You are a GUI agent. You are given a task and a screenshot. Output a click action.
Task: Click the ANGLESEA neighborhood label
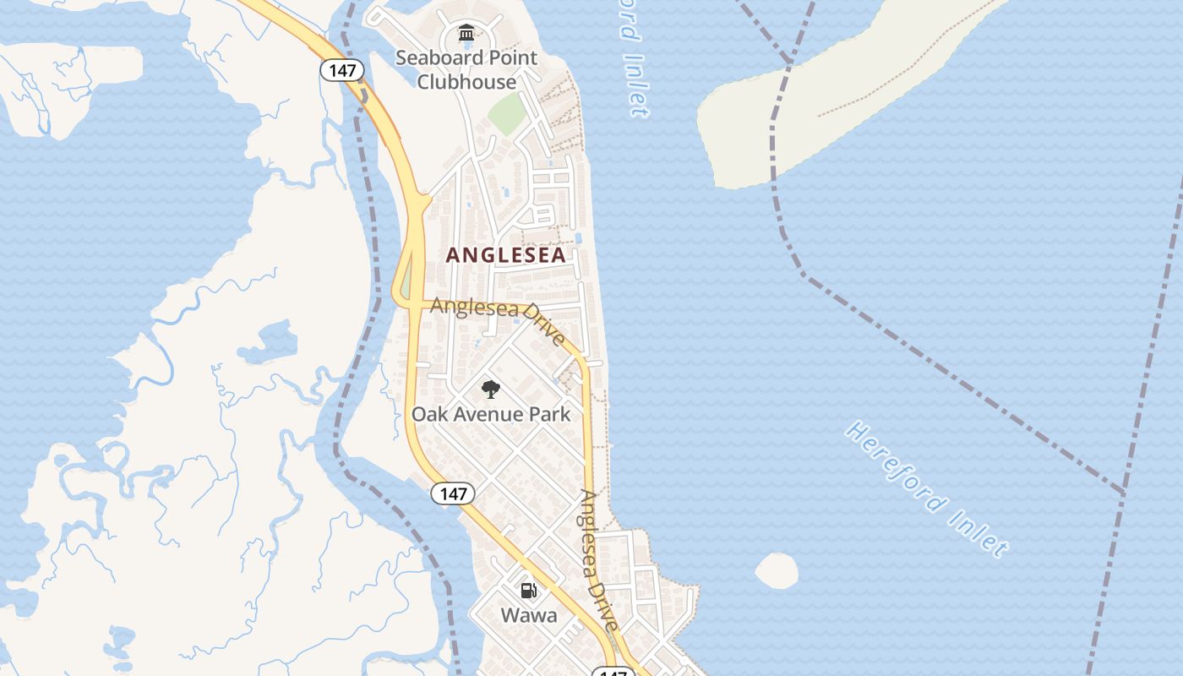tap(505, 255)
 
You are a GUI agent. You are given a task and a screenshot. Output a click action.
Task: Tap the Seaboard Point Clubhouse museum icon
tap(466, 34)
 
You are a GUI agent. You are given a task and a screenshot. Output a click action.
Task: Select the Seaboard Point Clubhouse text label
tap(466, 70)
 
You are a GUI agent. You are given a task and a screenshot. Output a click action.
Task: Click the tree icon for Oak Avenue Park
tap(490, 390)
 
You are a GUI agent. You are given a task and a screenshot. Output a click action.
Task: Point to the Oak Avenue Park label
tap(491, 414)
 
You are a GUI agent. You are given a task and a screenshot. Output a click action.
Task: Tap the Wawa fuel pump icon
tap(528, 591)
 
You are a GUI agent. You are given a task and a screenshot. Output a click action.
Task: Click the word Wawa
tap(529, 615)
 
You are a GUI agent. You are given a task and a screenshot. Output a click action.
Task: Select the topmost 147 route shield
tap(342, 70)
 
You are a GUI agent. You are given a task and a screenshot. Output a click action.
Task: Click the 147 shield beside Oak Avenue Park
tap(453, 493)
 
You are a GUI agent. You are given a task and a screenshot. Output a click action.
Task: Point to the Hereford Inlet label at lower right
tap(927, 488)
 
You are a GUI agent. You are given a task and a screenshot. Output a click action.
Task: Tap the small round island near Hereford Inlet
tap(777, 571)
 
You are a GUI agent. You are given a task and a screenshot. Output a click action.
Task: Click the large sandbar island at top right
tap(811, 101)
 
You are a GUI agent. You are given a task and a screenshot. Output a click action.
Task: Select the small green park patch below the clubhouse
tap(507, 114)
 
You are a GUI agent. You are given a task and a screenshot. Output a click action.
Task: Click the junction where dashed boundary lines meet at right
tap(1123, 491)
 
